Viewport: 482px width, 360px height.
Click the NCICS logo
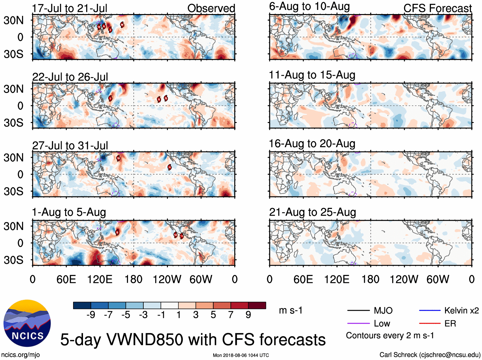tap(27, 323)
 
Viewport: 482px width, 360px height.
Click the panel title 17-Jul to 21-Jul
tap(70, 8)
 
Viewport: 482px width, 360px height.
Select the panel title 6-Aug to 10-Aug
tap(309, 6)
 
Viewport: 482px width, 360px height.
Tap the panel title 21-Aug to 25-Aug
tap(312, 212)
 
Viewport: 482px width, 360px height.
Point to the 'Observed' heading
tap(211, 8)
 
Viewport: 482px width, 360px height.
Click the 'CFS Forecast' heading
tap(437, 8)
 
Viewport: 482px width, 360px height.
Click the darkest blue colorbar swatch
tap(82, 305)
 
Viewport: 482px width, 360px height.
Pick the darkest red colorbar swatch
tap(257, 305)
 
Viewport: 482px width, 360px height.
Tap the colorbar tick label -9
tap(91, 315)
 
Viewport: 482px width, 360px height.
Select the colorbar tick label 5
tap(213, 315)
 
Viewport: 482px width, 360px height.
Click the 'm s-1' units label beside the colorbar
tap(290, 310)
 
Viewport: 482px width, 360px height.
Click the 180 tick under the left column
tap(133, 280)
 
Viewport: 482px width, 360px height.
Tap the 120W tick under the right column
tap(404, 280)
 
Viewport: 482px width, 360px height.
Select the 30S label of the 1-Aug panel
tap(13, 260)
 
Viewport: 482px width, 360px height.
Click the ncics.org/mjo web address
tap(20, 355)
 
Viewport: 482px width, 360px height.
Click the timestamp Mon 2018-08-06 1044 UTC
tap(241, 355)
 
